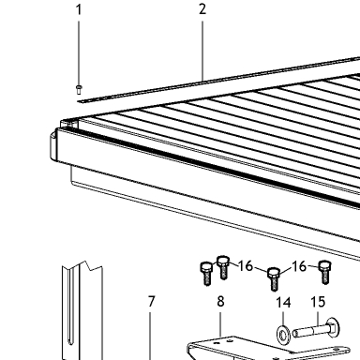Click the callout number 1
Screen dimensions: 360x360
[x=79, y=9]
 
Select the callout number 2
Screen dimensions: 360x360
[x=202, y=9]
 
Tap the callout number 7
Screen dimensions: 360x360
[x=151, y=301]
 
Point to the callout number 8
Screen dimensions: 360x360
[x=220, y=301]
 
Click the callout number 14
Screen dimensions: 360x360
[x=283, y=303]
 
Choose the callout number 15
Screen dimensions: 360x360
[x=318, y=302]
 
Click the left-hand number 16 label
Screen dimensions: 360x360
[x=246, y=266]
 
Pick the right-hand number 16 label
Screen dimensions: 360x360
[x=299, y=266]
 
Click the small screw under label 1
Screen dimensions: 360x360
[x=79, y=89]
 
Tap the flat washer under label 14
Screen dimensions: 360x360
[x=283, y=335]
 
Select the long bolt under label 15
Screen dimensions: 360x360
[x=316, y=329]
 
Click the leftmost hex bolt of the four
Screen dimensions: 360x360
[x=206, y=274]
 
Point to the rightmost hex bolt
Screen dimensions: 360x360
[x=325, y=272]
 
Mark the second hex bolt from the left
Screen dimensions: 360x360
[x=223, y=267]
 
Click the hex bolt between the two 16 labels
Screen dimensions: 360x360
[x=274, y=279]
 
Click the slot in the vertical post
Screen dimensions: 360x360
[x=70, y=307]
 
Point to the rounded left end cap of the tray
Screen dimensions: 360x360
[x=53, y=146]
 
